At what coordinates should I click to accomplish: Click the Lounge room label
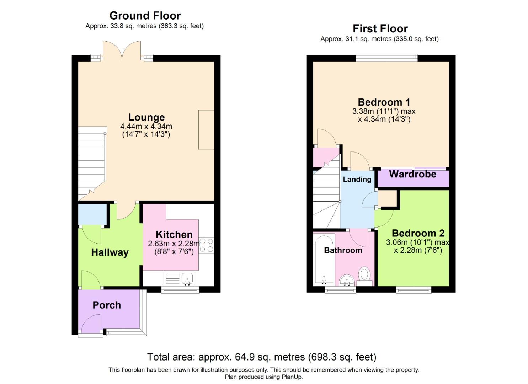pyautogui.click(x=146, y=117)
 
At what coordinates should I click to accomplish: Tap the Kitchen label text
pyautogui.click(x=174, y=235)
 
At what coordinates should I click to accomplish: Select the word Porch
pyautogui.click(x=107, y=305)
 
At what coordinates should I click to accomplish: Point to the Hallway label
pyautogui.click(x=110, y=252)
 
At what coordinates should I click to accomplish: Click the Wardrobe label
pyautogui.click(x=413, y=174)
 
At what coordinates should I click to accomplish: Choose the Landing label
pyautogui.click(x=357, y=180)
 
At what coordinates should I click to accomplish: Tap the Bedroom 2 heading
pyautogui.click(x=418, y=233)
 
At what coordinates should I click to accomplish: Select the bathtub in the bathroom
pyautogui.click(x=324, y=259)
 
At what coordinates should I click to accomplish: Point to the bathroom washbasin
pyautogui.click(x=347, y=281)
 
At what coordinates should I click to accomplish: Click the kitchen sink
pyautogui.click(x=187, y=279)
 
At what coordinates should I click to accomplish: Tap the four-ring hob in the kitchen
pyautogui.click(x=207, y=245)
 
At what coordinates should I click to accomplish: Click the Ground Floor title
pyautogui.click(x=145, y=16)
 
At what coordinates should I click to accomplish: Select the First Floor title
pyautogui.click(x=380, y=29)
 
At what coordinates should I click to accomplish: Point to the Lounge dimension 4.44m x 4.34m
pyautogui.click(x=146, y=126)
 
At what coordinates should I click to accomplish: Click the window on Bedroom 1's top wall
pyautogui.click(x=386, y=58)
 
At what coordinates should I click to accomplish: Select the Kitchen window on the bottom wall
pyautogui.click(x=180, y=290)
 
